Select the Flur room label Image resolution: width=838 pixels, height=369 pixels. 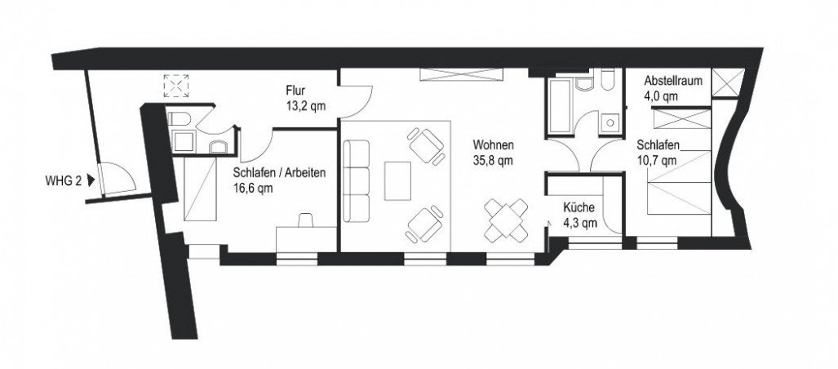coord(295,90)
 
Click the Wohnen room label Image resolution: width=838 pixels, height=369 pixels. coord(492,146)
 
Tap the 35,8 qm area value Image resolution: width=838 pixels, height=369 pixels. coord(493,160)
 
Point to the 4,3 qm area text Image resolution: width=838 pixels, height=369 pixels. coord(580,222)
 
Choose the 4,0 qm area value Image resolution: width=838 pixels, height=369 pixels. coord(660,96)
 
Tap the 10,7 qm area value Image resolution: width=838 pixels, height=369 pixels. coord(657,160)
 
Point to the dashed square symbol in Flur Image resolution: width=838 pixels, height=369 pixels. coord(175,85)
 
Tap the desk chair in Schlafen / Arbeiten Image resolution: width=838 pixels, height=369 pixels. coord(308,220)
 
